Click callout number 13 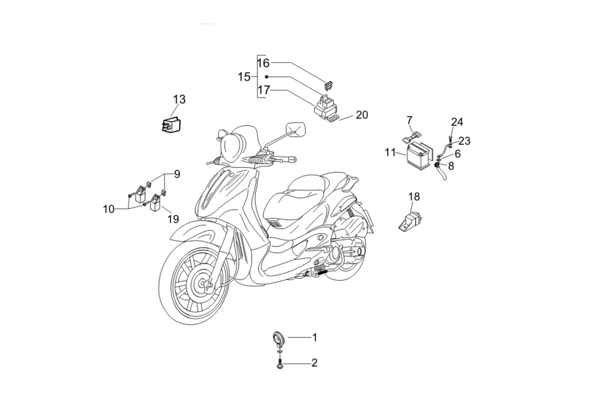(x=179, y=100)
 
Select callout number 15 (x=244, y=77)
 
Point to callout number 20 (x=362, y=115)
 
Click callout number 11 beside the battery (x=390, y=152)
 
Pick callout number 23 (x=464, y=141)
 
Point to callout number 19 (x=173, y=219)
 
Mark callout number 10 (x=108, y=209)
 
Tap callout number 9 (x=177, y=174)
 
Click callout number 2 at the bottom (x=315, y=363)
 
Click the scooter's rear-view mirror (x=296, y=128)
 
